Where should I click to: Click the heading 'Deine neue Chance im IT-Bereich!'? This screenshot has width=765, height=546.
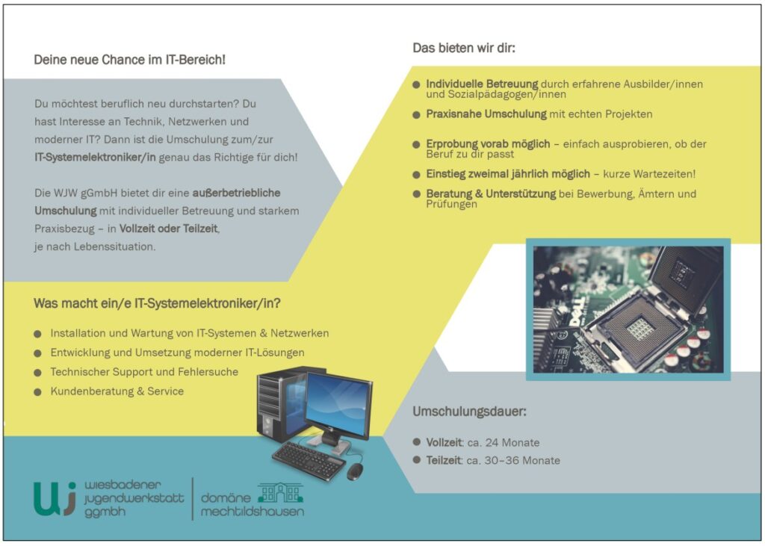pyautogui.click(x=129, y=60)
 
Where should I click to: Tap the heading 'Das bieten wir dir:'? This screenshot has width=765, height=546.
pyautogui.click(x=464, y=48)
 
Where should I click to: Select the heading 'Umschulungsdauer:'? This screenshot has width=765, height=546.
pyautogui.click(x=469, y=412)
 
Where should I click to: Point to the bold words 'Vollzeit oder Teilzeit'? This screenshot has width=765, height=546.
pyautogui.click(x=169, y=229)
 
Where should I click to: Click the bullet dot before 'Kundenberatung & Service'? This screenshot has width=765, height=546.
pyautogui.click(x=37, y=391)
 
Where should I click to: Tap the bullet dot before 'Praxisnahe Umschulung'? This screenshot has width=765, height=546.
pyautogui.click(x=416, y=115)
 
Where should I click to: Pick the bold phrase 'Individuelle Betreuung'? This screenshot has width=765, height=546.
pyautogui.click(x=482, y=84)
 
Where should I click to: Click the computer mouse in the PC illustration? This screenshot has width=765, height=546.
pyautogui.click(x=356, y=471)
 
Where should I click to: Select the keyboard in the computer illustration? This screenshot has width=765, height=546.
pyautogui.click(x=308, y=459)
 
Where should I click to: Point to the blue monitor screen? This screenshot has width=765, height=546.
pyautogui.click(x=337, y=403)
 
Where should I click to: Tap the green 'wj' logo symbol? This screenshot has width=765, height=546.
pyautogui.click(x=55, y=498)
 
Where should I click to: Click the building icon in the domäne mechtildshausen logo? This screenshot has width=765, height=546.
pyautogui.click(x=280, y=492)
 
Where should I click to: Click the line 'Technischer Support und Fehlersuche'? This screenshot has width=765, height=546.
pyautogui.click(x=144, y=372)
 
